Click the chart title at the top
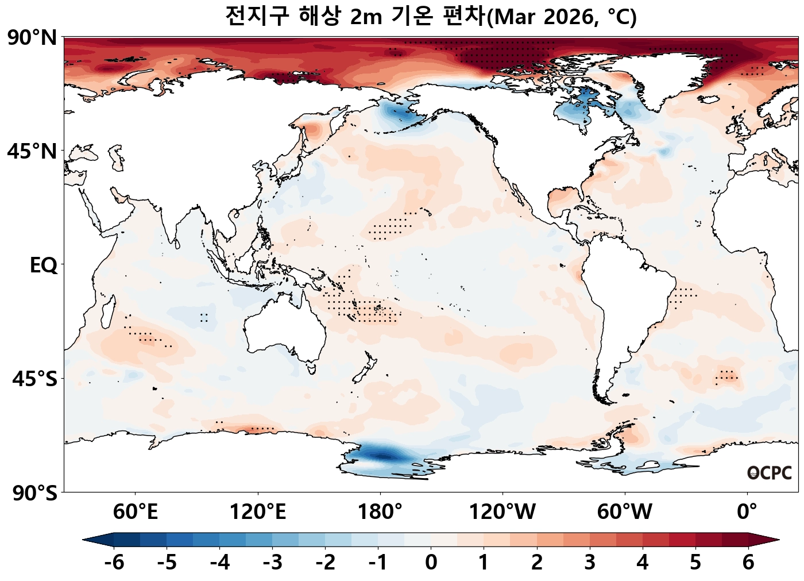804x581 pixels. [x=431, y=17]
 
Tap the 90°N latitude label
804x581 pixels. [x=32, y=39]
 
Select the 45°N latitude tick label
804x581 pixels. [x=32, y=152]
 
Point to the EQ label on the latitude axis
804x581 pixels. [x=43, y=266]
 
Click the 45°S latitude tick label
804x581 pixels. [x=34, y=379]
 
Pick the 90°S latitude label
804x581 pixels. [x=33, y=493]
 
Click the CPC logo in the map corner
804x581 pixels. [x=770, y=473]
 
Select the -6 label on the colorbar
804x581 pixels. [x=114, y=562]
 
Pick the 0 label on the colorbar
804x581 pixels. [x=431, y=562]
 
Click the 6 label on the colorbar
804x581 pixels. [x=748, y=562]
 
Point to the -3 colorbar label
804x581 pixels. [x=272, y=562]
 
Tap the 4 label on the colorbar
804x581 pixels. [x=642, y=562]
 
